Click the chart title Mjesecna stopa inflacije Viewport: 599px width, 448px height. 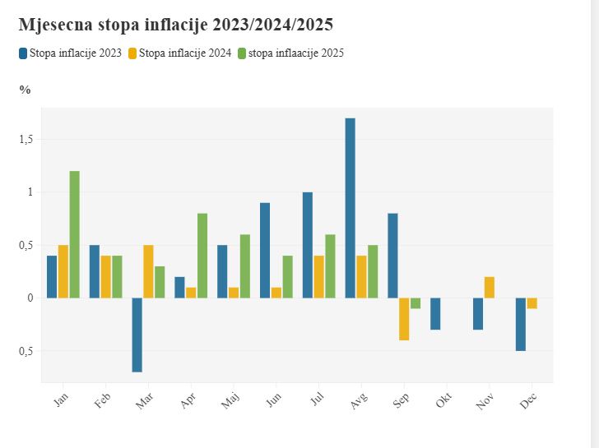coord(175,25)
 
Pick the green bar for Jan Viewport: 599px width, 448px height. coord(75,234)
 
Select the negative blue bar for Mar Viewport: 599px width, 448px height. coord(137,335)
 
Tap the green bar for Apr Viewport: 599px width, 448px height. coord(202,256)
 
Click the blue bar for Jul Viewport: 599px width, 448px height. coord(308,245)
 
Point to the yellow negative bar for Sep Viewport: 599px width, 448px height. coord(404,319)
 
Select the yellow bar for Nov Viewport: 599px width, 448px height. coord(490,287)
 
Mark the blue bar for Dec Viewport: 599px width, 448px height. coord(521,324)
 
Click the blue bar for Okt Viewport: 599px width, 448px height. coord(435,313)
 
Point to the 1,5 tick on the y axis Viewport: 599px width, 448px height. coord(27,139)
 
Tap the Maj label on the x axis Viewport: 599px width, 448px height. coord(230,401)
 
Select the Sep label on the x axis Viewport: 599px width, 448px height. coord(401,401)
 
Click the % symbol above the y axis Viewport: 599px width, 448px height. coord(25,90)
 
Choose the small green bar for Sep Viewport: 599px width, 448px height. coord(416,303)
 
